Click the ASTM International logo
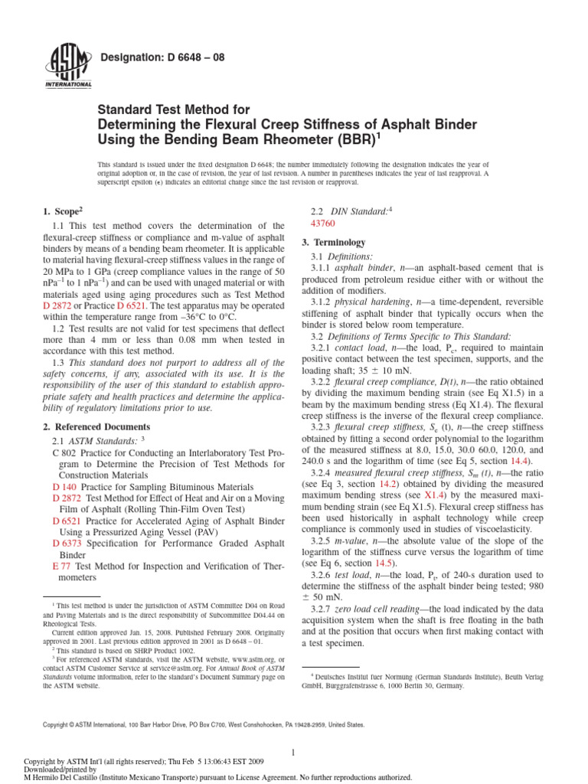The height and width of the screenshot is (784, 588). click(x=70, y=67)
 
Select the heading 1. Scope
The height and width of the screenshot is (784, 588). click(x=62, y=211)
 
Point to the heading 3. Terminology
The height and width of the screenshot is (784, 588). click(x=334, y=242)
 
